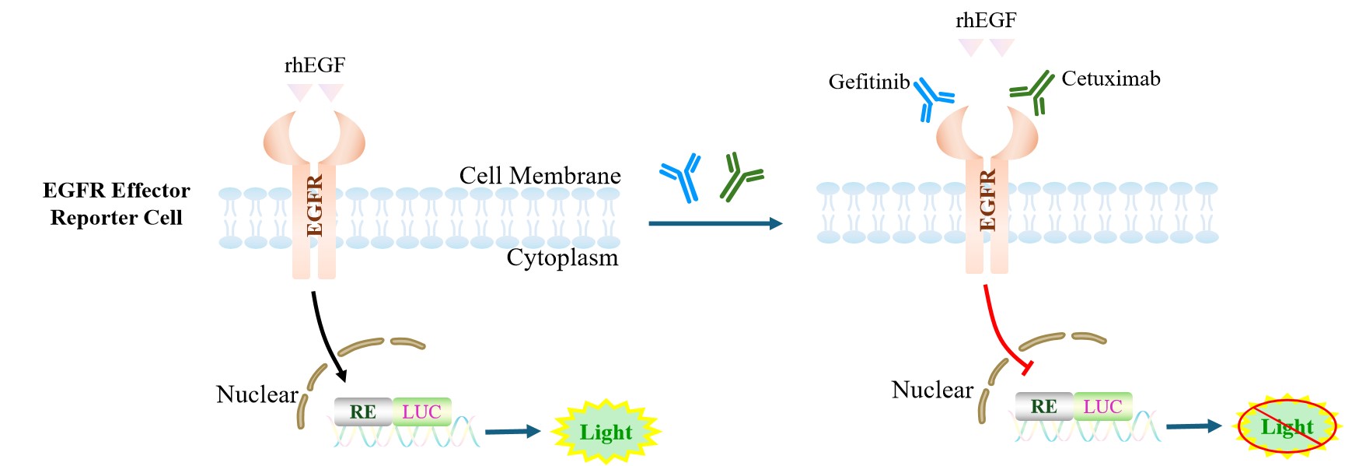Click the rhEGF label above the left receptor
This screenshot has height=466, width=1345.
click(314, 65)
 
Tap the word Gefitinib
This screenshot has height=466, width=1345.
click(868, 82)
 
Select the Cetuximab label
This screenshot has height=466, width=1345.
click(1110, 79)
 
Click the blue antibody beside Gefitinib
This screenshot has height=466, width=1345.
click(931, 98)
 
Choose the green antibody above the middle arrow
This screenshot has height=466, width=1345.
click(740, 177)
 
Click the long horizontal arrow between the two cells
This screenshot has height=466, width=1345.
click(714, 224)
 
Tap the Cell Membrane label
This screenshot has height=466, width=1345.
click(540, 176)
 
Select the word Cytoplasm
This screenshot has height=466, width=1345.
click(562, 258)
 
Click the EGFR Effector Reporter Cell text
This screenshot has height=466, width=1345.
click(116, 204)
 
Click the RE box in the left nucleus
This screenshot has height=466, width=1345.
click(362, 412)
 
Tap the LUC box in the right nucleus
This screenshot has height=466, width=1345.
click(1102, 406)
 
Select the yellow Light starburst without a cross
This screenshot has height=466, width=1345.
click(606, 432)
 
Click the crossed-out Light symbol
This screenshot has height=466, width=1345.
click(1287, 426)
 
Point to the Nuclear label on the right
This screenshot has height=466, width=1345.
click(931, 390)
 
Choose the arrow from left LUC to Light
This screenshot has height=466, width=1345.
click(512, 431)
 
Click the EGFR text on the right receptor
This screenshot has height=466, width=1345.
click(987, 201)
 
